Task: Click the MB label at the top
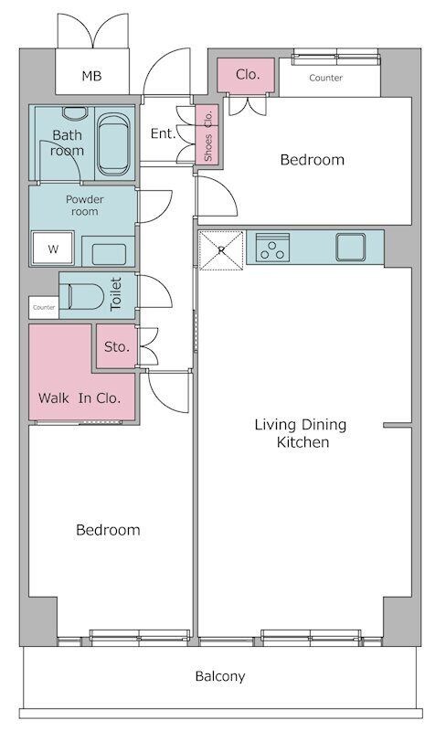[x=91, y=76]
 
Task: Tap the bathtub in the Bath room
[x=113, y=144]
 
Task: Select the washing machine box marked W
[x=53, y=248]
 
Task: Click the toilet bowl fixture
[x=85, y=296]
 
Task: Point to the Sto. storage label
[x=117, y=347]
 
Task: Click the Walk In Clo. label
[x=80, y=398]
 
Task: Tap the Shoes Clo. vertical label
[x=208, y=134]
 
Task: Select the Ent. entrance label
[x=163, y=133]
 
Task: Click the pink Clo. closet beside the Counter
[x=246, y=75]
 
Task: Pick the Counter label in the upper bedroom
[x=325, y=78]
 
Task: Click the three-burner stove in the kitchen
[x=272, y=247]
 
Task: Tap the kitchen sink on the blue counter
[x=351, y=247]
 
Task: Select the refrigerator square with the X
[x=221, y=250]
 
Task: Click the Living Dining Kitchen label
[x=301, y=433]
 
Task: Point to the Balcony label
[x=220, y=676]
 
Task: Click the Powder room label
[x=84, y=205]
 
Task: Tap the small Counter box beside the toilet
[x=44, y=308]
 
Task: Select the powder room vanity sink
[x=109, y=254]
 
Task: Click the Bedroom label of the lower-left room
[x=108, y=530]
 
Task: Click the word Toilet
[x=116, y=293]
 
